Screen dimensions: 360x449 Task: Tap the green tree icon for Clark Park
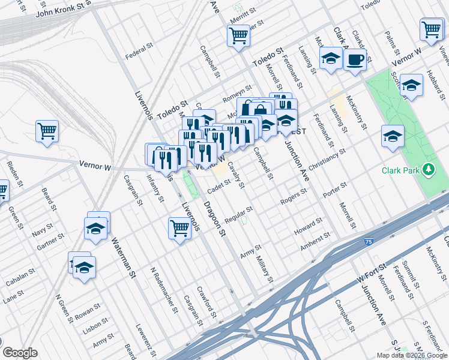point(428,170)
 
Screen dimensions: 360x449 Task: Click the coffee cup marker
point(355,60)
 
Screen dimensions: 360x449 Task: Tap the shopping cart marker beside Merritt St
point(239,36)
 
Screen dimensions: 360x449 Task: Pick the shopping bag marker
point(261,109)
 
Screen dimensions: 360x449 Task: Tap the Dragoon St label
point(214,218)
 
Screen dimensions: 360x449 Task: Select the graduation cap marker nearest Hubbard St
point(411,85)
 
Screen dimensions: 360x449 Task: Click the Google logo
point(20,353)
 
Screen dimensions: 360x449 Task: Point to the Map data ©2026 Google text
point(411,355)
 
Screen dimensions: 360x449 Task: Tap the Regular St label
point(238,214)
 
